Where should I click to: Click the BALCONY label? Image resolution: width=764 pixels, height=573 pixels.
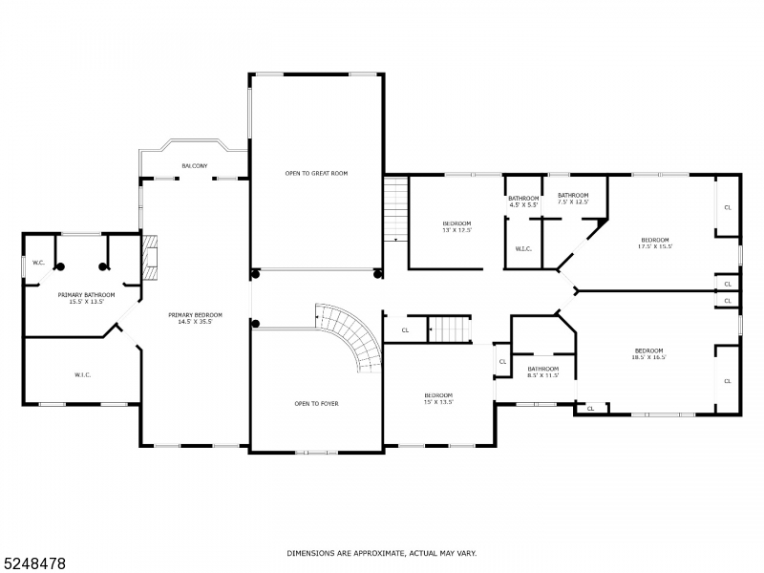[x=195, y=166]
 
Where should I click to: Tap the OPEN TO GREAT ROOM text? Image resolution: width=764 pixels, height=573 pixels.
[x=316, y=174]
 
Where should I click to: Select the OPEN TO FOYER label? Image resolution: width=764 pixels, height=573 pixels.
[x=316, y=404]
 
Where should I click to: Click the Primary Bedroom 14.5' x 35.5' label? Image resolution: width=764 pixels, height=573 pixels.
[x=196, y=319]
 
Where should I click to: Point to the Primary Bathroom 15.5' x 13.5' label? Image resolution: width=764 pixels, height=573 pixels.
[x=86, y=298]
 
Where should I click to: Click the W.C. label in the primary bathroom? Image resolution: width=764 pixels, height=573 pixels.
[x=39, y=263]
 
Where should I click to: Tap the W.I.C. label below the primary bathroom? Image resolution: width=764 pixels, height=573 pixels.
[x=82, y=374]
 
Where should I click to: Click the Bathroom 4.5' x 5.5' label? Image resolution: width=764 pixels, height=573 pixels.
[x=523, y=202]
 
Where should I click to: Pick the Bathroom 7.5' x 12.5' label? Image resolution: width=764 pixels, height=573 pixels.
[x=573, y=199]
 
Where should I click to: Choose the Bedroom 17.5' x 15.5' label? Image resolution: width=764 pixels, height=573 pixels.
[x=655, y=243]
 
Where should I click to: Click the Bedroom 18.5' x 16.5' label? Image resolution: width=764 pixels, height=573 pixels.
[x=649, y=353]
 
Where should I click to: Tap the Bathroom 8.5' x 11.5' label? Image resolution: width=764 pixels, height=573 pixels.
[x=543, y=371]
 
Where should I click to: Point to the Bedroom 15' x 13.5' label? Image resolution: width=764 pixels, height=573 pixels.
[x=438, y=399]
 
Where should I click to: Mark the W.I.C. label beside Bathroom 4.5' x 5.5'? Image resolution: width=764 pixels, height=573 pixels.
[x=523, y=249]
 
